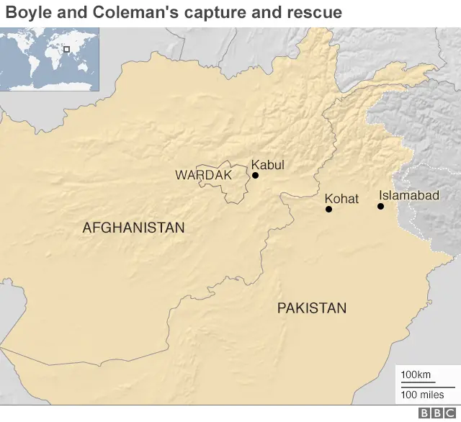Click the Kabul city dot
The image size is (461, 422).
255,175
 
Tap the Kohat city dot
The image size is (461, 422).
328,210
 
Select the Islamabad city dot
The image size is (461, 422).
380,207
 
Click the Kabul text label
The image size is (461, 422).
267,165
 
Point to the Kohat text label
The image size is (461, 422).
341,199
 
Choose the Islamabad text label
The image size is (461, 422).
408,195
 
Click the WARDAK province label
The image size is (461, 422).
203,175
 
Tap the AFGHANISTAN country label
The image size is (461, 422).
133,228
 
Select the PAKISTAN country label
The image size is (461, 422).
311,308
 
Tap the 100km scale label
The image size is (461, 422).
416,374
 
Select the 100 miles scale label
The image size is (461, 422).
422,395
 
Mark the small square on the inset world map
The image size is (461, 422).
66,49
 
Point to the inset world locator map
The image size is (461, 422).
49,58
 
